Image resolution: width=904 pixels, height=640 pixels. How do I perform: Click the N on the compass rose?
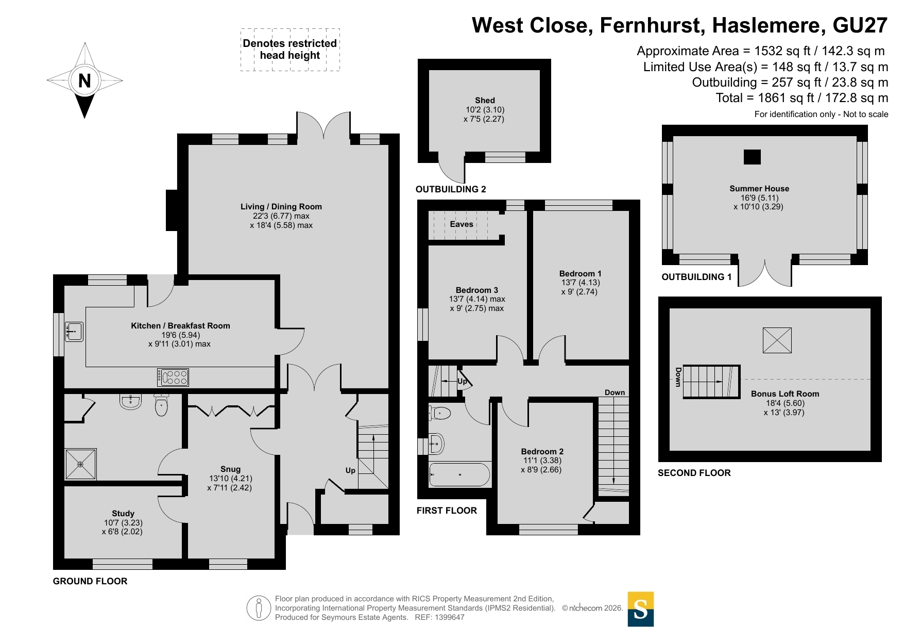coord(84,80)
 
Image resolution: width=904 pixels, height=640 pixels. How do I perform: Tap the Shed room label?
coord(485,101)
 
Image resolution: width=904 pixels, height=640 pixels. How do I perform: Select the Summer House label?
coord(759,189)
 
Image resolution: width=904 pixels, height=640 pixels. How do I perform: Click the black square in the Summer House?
coord(752,157)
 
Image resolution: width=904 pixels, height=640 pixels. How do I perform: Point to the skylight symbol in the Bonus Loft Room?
coord(777,340)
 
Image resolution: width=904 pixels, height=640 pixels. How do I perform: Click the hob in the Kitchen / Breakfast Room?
coord(173,378)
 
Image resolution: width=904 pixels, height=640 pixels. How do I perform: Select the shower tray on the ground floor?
coord(80,464)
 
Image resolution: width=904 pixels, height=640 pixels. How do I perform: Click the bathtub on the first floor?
coord(459,474)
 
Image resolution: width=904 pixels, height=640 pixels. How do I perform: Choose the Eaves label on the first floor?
coord(462,224)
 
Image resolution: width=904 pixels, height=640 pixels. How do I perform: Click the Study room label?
coord(123,514)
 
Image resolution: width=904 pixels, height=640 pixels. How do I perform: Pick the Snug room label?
coord(230,469)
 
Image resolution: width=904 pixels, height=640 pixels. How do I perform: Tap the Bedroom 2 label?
coord(542,452)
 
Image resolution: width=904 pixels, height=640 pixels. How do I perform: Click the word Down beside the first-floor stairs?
coord(615,392)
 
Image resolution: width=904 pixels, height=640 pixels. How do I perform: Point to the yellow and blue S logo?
coord(641,609)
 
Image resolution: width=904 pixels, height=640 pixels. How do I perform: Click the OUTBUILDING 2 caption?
coord(451,189)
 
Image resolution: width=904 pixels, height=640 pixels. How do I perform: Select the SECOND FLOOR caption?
coord(694,473)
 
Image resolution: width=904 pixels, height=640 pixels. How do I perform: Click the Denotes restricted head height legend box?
coord(290,50)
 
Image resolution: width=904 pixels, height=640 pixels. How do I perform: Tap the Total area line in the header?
coord(802,98)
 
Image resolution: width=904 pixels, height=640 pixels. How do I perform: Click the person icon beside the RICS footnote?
coord(259,608)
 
